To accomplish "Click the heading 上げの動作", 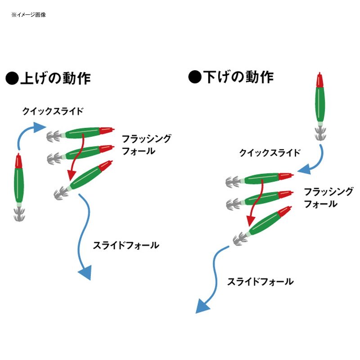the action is tap(55, 78).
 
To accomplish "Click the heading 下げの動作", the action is tap(238, 76).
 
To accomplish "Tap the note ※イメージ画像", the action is tap(28, 15).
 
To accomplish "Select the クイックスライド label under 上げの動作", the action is tap(53, 111).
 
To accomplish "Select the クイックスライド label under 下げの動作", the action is tap(270, 153).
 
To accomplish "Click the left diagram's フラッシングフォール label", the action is tap(147, 145).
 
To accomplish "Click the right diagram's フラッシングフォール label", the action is tap(328, 198).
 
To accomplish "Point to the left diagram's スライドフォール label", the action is tap(126, 245).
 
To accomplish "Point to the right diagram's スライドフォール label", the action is tap(261, 282).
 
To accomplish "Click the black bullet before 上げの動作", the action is tap(12, 78).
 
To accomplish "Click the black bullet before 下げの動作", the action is tap(195, 76).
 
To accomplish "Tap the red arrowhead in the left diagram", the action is tap(71, 175).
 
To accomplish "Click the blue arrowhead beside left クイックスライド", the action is tap(39, 127).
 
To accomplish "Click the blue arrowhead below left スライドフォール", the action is tap(85, 272).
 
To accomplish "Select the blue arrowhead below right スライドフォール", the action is tap(202, 306).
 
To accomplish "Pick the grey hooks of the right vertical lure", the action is tap(320, 134).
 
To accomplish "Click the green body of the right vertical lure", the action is tap(320, 104).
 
